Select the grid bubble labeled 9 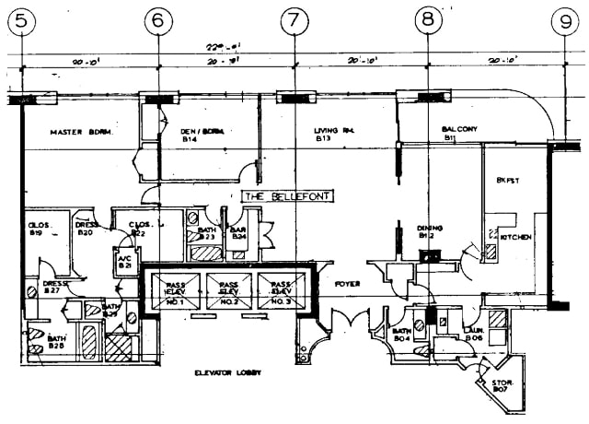coord(564,19)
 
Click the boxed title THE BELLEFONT coord(286,196)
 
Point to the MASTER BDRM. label coord(81,133)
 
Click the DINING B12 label coord(430,230)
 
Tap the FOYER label coord(347,284)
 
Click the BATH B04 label coord(401,334)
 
